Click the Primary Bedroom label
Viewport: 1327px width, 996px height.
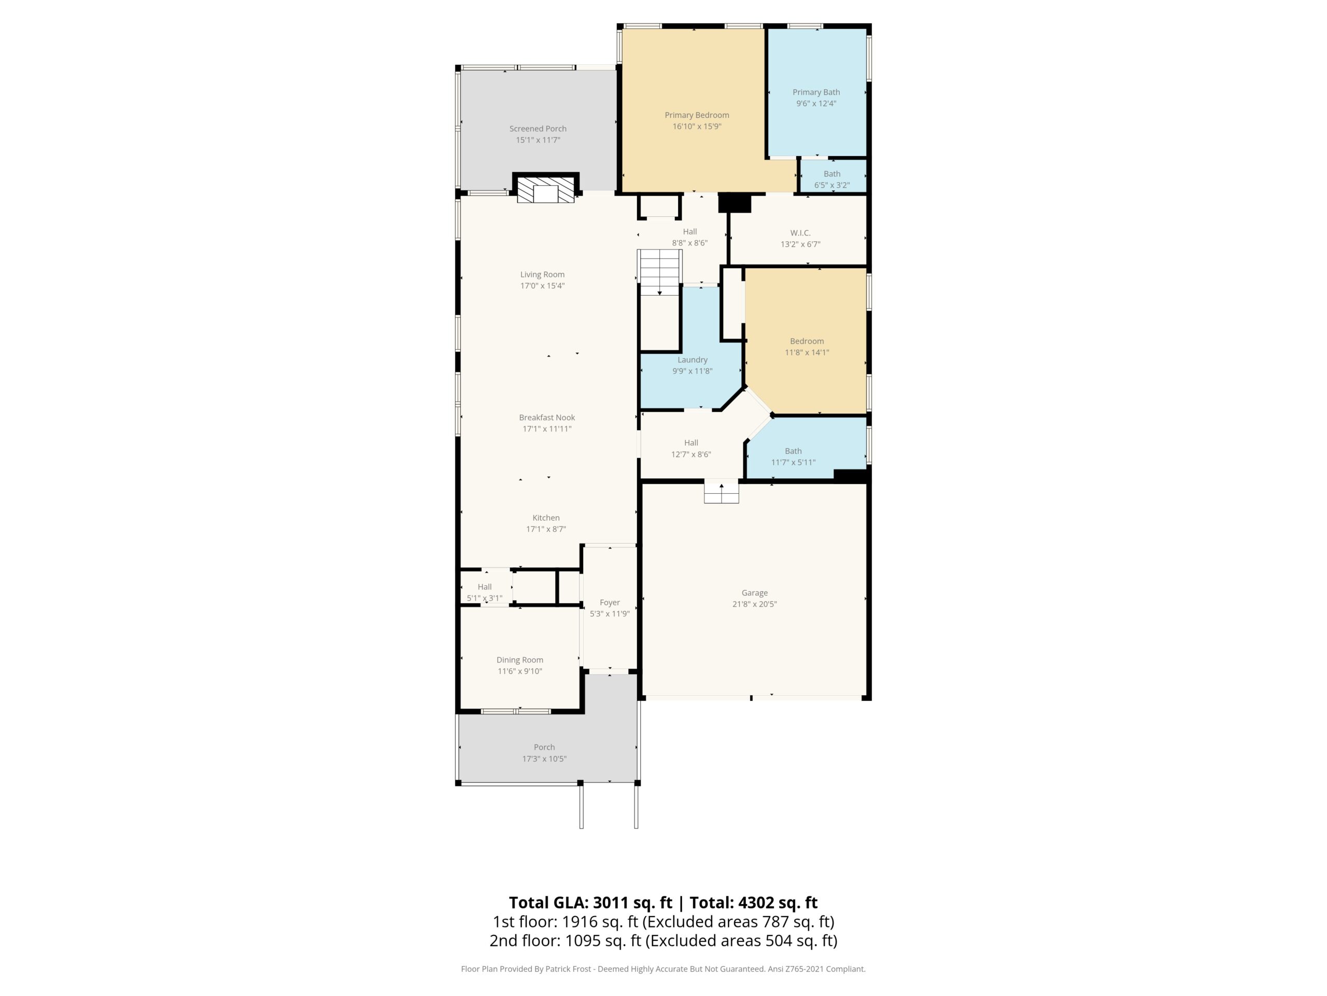tap(697, 115)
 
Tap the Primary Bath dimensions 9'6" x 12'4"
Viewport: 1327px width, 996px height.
tap(816, 103)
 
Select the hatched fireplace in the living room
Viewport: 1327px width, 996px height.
tap(545, 190)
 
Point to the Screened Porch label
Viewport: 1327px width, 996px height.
tap(538, 129)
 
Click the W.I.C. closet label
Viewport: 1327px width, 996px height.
tap(800, 233)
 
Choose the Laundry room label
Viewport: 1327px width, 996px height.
tap(693, 359)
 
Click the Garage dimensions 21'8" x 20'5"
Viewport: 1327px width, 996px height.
tap(754, 604)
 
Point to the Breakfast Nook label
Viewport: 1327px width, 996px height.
tap(546, 417)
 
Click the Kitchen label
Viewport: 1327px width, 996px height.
tap(546, 518)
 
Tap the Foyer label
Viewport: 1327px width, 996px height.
tap(610, 602)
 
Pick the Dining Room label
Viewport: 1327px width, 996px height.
tap(519, 660)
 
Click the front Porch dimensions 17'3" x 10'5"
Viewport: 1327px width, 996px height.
tap(544, 759)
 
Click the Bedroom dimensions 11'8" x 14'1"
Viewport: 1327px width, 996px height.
tap(807, 352)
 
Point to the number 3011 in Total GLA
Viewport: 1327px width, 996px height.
tap(611, 902)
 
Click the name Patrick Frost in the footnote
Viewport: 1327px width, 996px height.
tap(568, 969)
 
